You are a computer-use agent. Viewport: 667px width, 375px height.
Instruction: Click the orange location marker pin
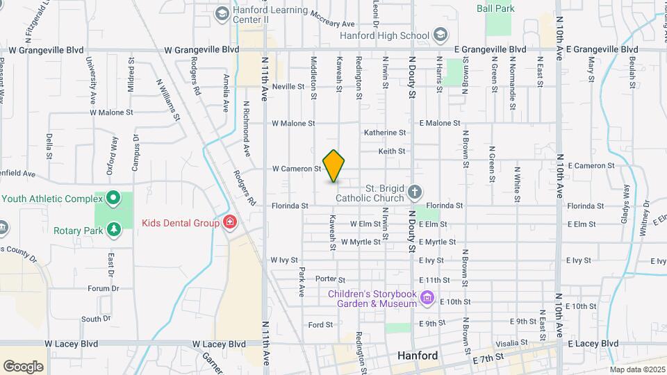click(x=334, y=166)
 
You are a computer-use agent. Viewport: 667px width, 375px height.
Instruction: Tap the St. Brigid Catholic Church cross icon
click(x=414, y=192)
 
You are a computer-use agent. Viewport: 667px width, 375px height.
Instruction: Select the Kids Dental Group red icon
click(x=229, y=223)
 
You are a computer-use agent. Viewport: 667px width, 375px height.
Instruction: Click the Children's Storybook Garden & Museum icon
click(x=427, y=299)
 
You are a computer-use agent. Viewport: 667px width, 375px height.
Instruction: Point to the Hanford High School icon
click(x=440, y=35)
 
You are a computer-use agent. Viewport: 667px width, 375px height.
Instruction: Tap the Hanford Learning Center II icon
click(x=222, y=13)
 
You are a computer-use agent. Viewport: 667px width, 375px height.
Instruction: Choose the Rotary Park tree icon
click(x=113, y=228)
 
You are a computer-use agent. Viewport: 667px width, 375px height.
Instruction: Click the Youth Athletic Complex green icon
click(x=113, y=199)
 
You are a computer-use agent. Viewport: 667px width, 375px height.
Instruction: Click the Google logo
click(x=24, y=367)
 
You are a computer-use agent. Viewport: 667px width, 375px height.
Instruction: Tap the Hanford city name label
click(x=418, y=356)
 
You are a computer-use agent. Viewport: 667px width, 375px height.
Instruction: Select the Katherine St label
click(x=385, y=133)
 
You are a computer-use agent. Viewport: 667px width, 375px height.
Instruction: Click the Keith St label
click(x=392, y=151)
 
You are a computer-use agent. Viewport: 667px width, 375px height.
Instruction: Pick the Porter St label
click(x=326, y=279)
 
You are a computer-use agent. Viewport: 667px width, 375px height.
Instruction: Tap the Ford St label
click(x=321, y=324)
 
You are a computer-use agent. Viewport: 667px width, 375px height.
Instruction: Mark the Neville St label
click(x=288, y=87)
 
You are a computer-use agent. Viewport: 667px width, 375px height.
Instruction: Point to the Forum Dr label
click(x=104, y=288)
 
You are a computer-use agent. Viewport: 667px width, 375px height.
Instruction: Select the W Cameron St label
click(x=296, y=169)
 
